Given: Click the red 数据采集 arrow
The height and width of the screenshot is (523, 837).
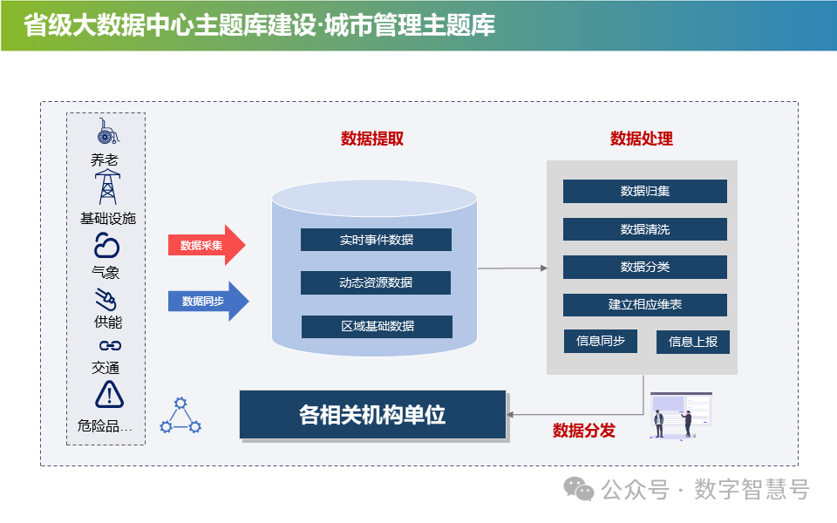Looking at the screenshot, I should [206, 245].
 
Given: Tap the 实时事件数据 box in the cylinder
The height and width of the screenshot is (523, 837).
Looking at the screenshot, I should [376, 240].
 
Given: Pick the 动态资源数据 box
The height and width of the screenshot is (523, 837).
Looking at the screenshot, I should [376, 282].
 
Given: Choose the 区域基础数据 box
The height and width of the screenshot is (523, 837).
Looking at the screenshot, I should [377, 326].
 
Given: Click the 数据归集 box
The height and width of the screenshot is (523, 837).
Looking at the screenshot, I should [644, 191].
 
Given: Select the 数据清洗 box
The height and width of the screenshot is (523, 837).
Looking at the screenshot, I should [644, 229].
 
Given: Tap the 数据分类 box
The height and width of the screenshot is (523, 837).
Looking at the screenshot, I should [644, 267].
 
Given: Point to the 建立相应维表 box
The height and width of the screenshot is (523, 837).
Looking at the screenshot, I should [644, 305].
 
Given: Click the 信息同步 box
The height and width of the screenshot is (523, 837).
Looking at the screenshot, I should [600, 341].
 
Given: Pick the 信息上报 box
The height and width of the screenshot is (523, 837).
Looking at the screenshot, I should [692, 342].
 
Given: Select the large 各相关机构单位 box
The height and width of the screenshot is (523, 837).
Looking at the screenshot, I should [372, 414].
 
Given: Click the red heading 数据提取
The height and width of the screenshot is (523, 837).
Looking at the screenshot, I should [371, 139].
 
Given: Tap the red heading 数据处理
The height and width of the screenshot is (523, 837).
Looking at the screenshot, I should [641, 139].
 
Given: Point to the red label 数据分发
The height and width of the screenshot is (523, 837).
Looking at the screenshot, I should [583, 431].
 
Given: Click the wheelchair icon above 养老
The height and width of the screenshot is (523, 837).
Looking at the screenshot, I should [107, 132].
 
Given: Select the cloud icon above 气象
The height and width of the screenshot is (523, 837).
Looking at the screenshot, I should [106, 245].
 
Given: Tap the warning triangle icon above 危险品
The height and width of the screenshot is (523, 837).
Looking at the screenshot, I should [109, 395].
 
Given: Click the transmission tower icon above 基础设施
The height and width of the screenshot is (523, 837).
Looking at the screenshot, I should [107, 186].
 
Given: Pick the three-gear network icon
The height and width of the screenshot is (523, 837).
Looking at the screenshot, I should [180, 416].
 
